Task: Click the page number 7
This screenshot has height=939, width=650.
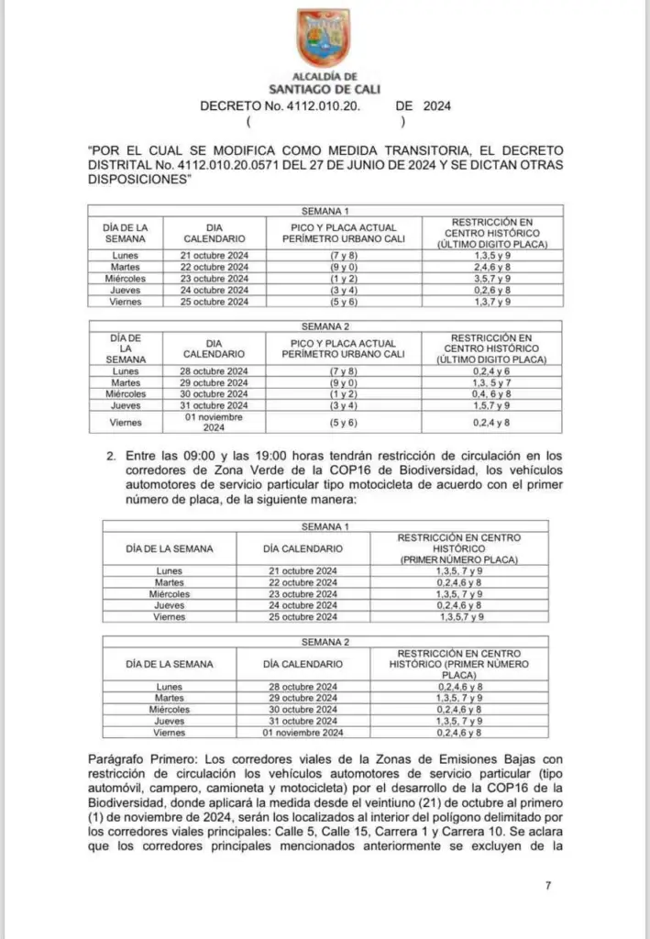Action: (547, 886)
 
